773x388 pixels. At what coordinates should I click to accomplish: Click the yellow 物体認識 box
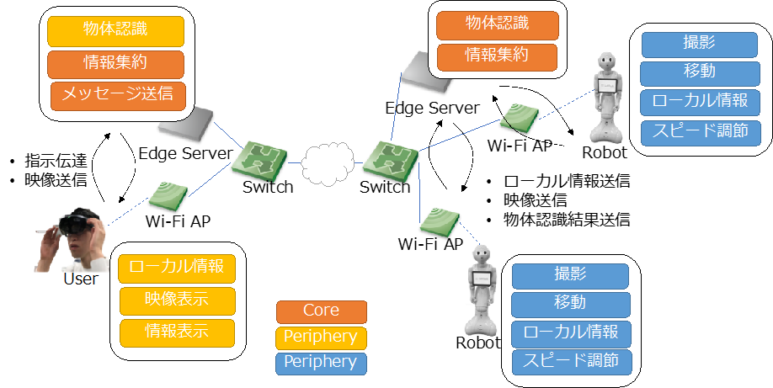tap(115, 30)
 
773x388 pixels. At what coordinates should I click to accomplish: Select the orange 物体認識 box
tap(497, 24)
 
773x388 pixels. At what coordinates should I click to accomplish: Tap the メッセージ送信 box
tap(117, 94)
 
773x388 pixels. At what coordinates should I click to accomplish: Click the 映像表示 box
tap(176, 299)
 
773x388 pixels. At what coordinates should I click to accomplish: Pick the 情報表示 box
tap(176, 331)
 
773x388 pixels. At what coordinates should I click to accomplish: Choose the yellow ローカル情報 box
tap(176, 268)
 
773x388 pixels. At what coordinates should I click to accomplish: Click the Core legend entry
tap(322, 311)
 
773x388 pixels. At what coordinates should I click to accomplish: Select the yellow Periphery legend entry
tap(322, 338)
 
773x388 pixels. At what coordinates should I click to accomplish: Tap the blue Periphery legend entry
tap(322, 363)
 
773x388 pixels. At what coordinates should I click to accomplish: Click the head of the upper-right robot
tap(606, 62)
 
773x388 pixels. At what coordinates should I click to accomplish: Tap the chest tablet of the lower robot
tap(482, 277)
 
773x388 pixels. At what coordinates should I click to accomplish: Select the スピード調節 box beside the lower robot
tap(571, 362)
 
